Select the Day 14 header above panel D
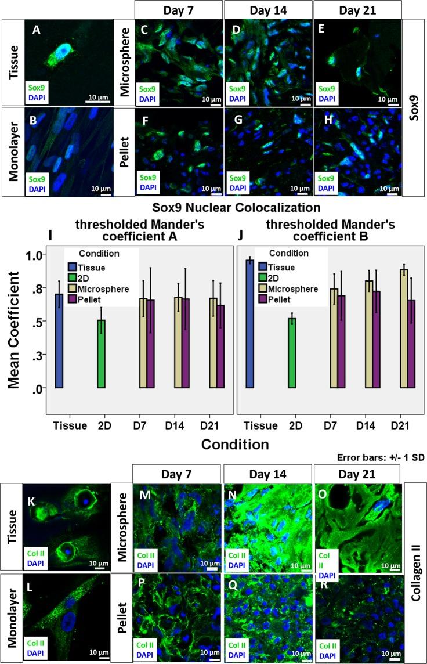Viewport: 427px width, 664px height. pos(267,9)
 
